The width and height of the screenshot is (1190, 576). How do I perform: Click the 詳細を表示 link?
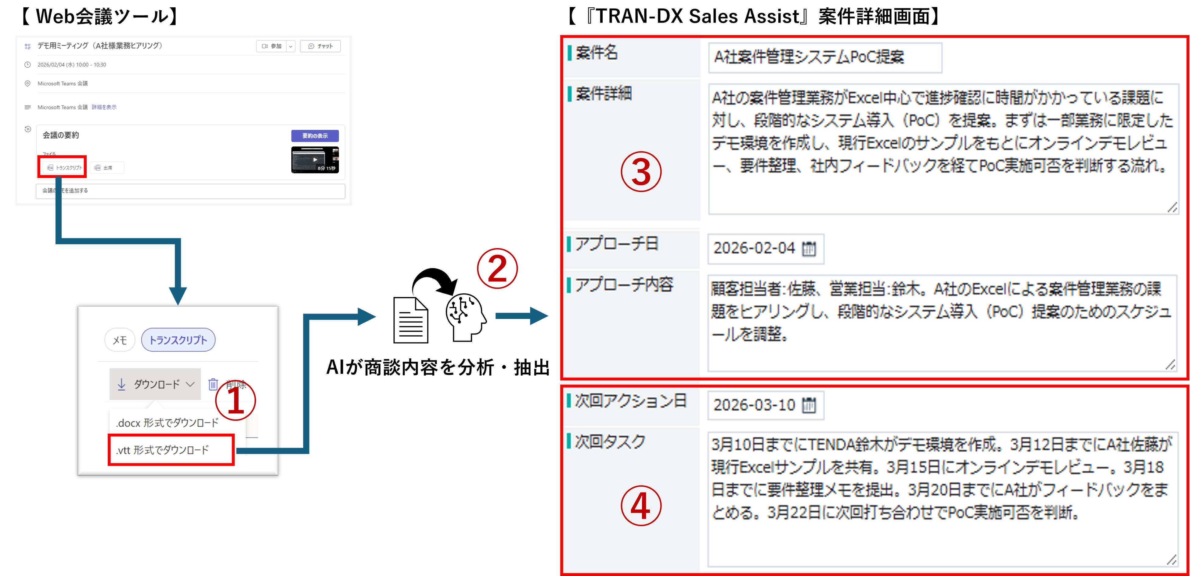pyautogui.click(x=104, y=107)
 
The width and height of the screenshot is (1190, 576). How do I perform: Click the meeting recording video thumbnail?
pyautogui.click(x=315, y=160)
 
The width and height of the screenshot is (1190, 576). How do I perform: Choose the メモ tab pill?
pyautogui.click(x=120, y=340)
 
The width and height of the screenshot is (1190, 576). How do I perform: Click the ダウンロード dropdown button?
pyautogui.click(x=155, y=384)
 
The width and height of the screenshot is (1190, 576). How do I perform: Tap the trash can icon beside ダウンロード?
pyautogui.click(x=213, y=384)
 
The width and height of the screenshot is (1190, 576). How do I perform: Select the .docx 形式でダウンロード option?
pyautogui.click(x=167, y=423)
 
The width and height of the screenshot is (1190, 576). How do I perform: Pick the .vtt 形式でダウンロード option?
pyautogui.click(x=163, y=450)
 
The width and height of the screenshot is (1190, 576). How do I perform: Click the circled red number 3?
pyautogui.click(x=641, y=172)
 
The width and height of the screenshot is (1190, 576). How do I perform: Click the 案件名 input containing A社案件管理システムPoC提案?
pyautogui.click(x=824, y=57)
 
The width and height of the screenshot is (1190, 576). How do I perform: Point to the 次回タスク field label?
pyautogui.click(x=610, y=442)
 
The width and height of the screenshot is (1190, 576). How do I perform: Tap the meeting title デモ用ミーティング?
pyautogui.click(x=99, y=46)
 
